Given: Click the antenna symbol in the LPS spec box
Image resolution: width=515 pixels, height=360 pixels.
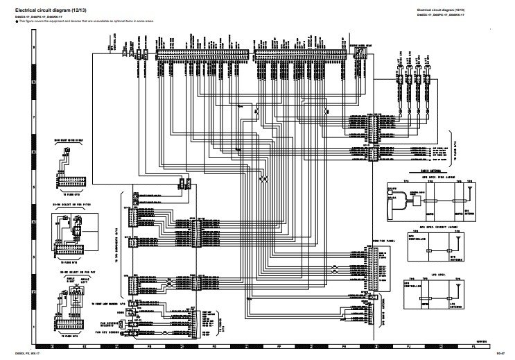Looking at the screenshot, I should point(458,284).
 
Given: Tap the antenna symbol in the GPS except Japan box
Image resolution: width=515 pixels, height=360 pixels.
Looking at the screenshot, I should point(458,240).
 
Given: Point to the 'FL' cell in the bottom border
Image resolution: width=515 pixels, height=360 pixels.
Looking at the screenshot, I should point(473,345).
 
